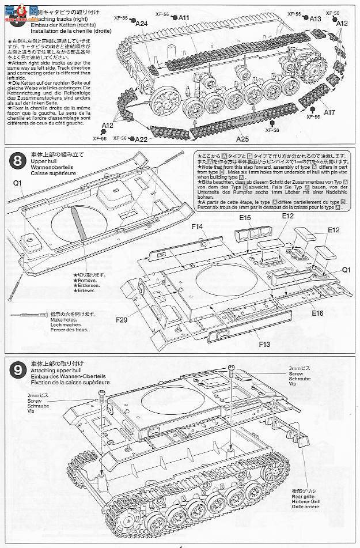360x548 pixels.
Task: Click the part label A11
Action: point(184,17)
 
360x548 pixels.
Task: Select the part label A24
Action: point(142,24)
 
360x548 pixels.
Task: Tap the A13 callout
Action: point(315,18)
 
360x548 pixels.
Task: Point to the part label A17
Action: point(329,112)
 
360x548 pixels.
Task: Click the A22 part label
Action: point(142,139)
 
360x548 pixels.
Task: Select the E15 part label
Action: point(244,218)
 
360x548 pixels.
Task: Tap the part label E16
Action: point(318,313)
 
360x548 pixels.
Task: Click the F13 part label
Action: point(264,345)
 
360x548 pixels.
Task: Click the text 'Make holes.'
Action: point(63,319)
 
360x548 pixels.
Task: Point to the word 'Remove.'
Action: point(83,281)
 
